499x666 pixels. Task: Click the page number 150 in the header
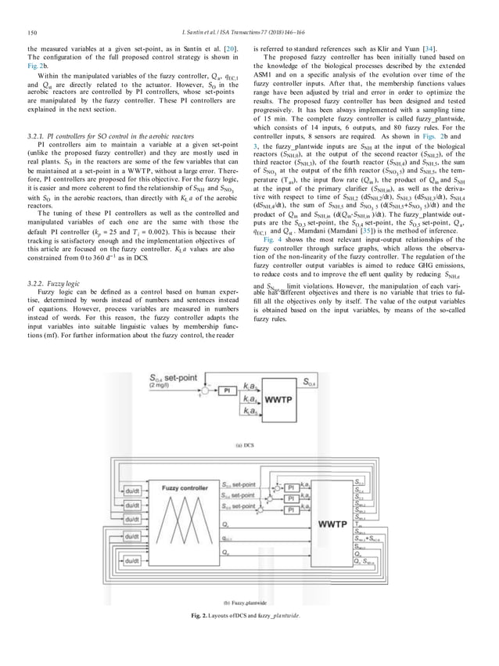coord(31,33)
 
